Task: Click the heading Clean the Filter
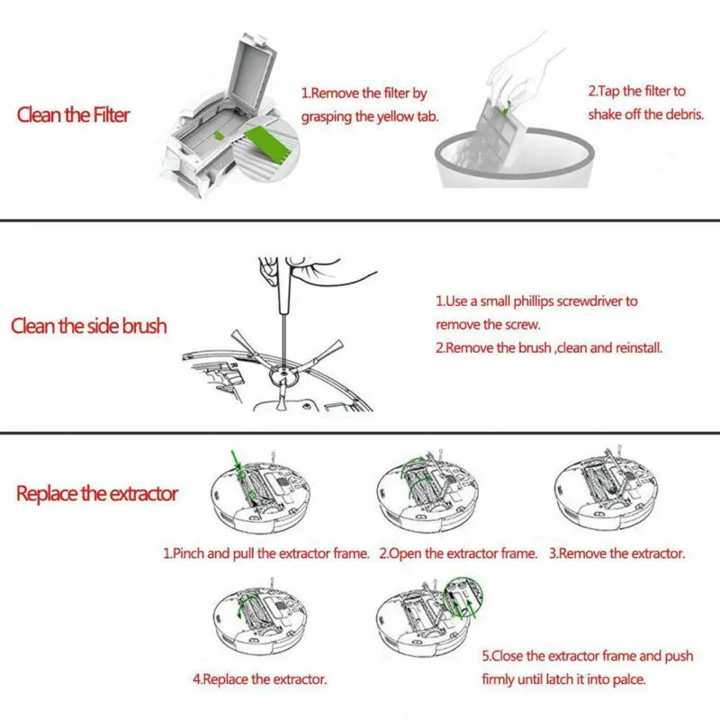point(73,115)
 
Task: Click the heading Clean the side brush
point(88,325)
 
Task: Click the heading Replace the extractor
point(97,493)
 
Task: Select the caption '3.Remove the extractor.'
point(616,553)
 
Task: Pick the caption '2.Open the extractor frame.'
point(458,553)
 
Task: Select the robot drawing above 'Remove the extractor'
point(605,493)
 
